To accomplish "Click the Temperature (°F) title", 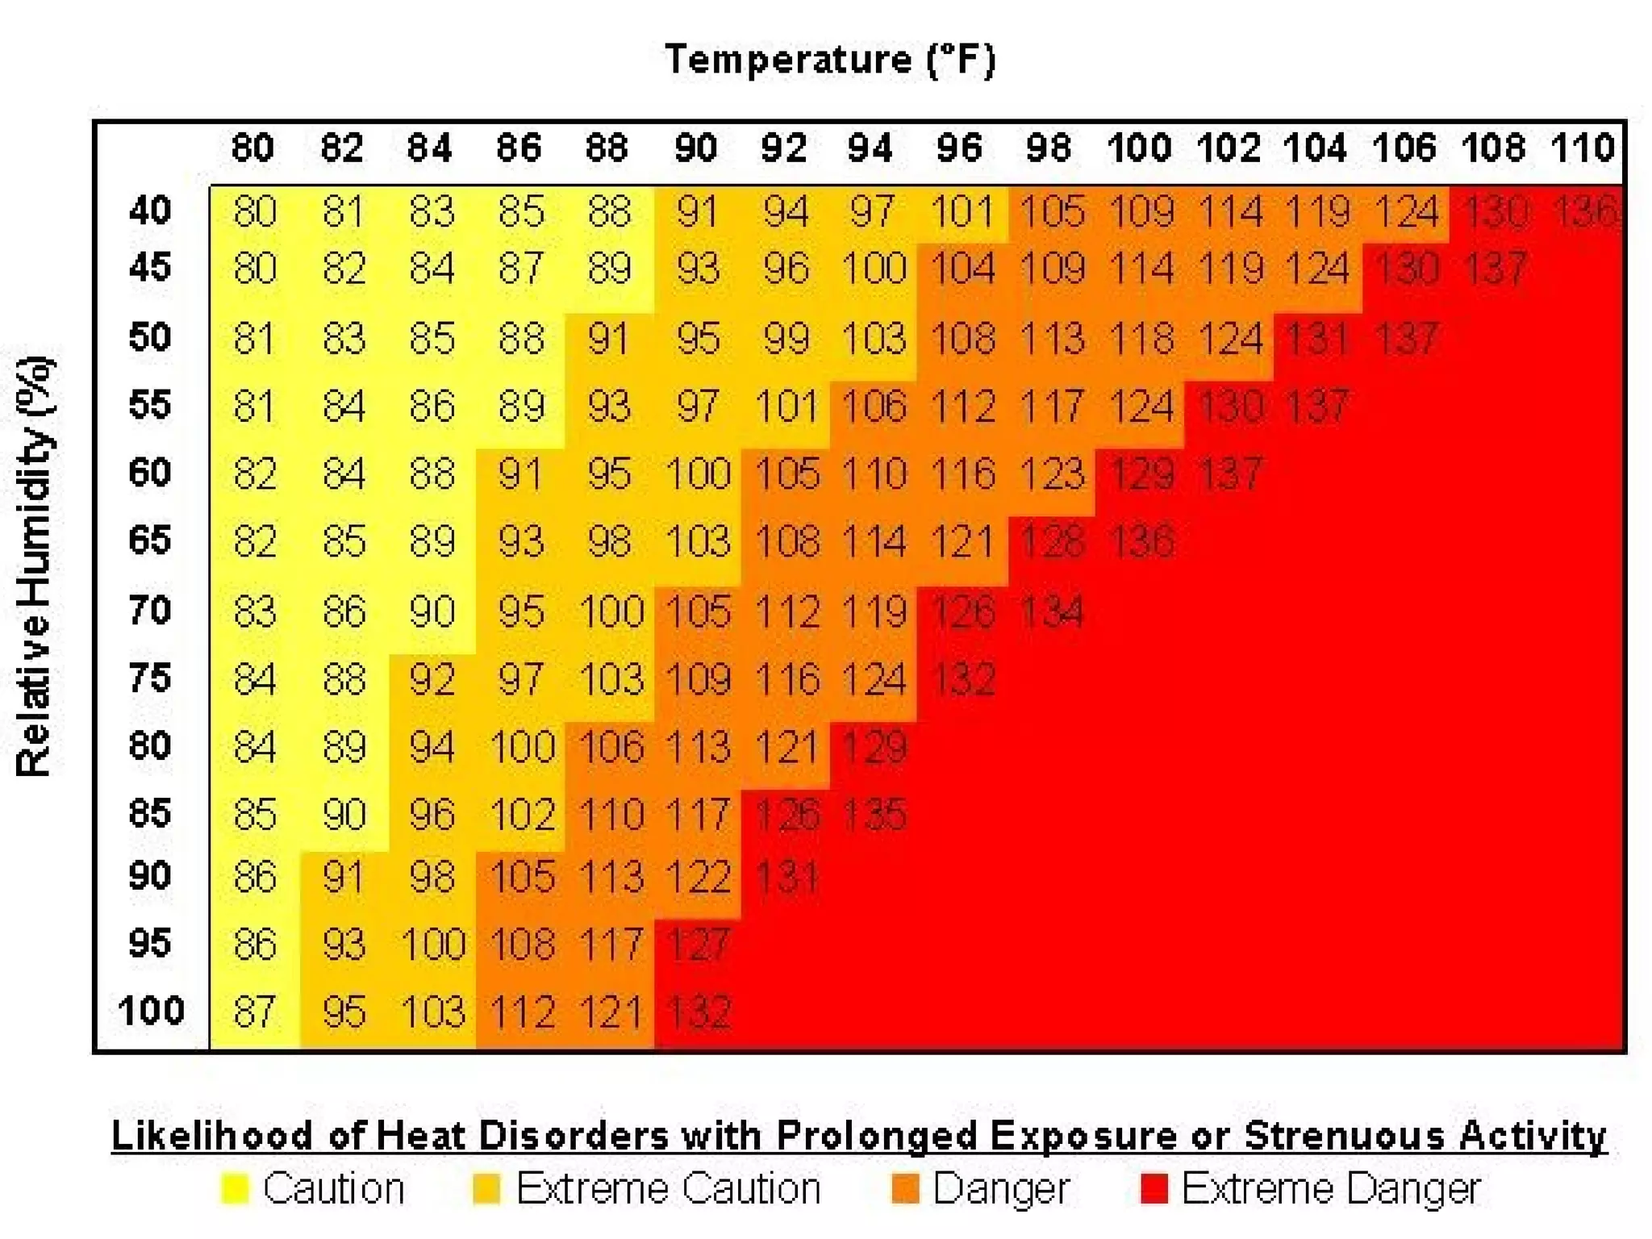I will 830,60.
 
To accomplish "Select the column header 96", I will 959,148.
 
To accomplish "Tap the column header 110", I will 1582,148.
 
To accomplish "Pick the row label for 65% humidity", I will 150,540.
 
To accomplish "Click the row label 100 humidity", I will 151,1010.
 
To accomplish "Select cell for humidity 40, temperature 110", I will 1585,211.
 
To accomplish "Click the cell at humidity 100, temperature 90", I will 699,1012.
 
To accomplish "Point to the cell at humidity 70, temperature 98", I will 1052,611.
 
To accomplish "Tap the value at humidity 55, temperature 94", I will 874,406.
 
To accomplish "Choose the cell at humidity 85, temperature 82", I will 344,814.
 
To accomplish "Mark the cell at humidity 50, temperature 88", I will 608,338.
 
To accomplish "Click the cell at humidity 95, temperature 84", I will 433,944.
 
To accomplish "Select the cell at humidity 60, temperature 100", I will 1141,473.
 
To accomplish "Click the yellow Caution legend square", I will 235,1189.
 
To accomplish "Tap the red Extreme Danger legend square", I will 1154,1189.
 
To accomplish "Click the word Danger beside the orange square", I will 1001,1189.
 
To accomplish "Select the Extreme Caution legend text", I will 668,1189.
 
